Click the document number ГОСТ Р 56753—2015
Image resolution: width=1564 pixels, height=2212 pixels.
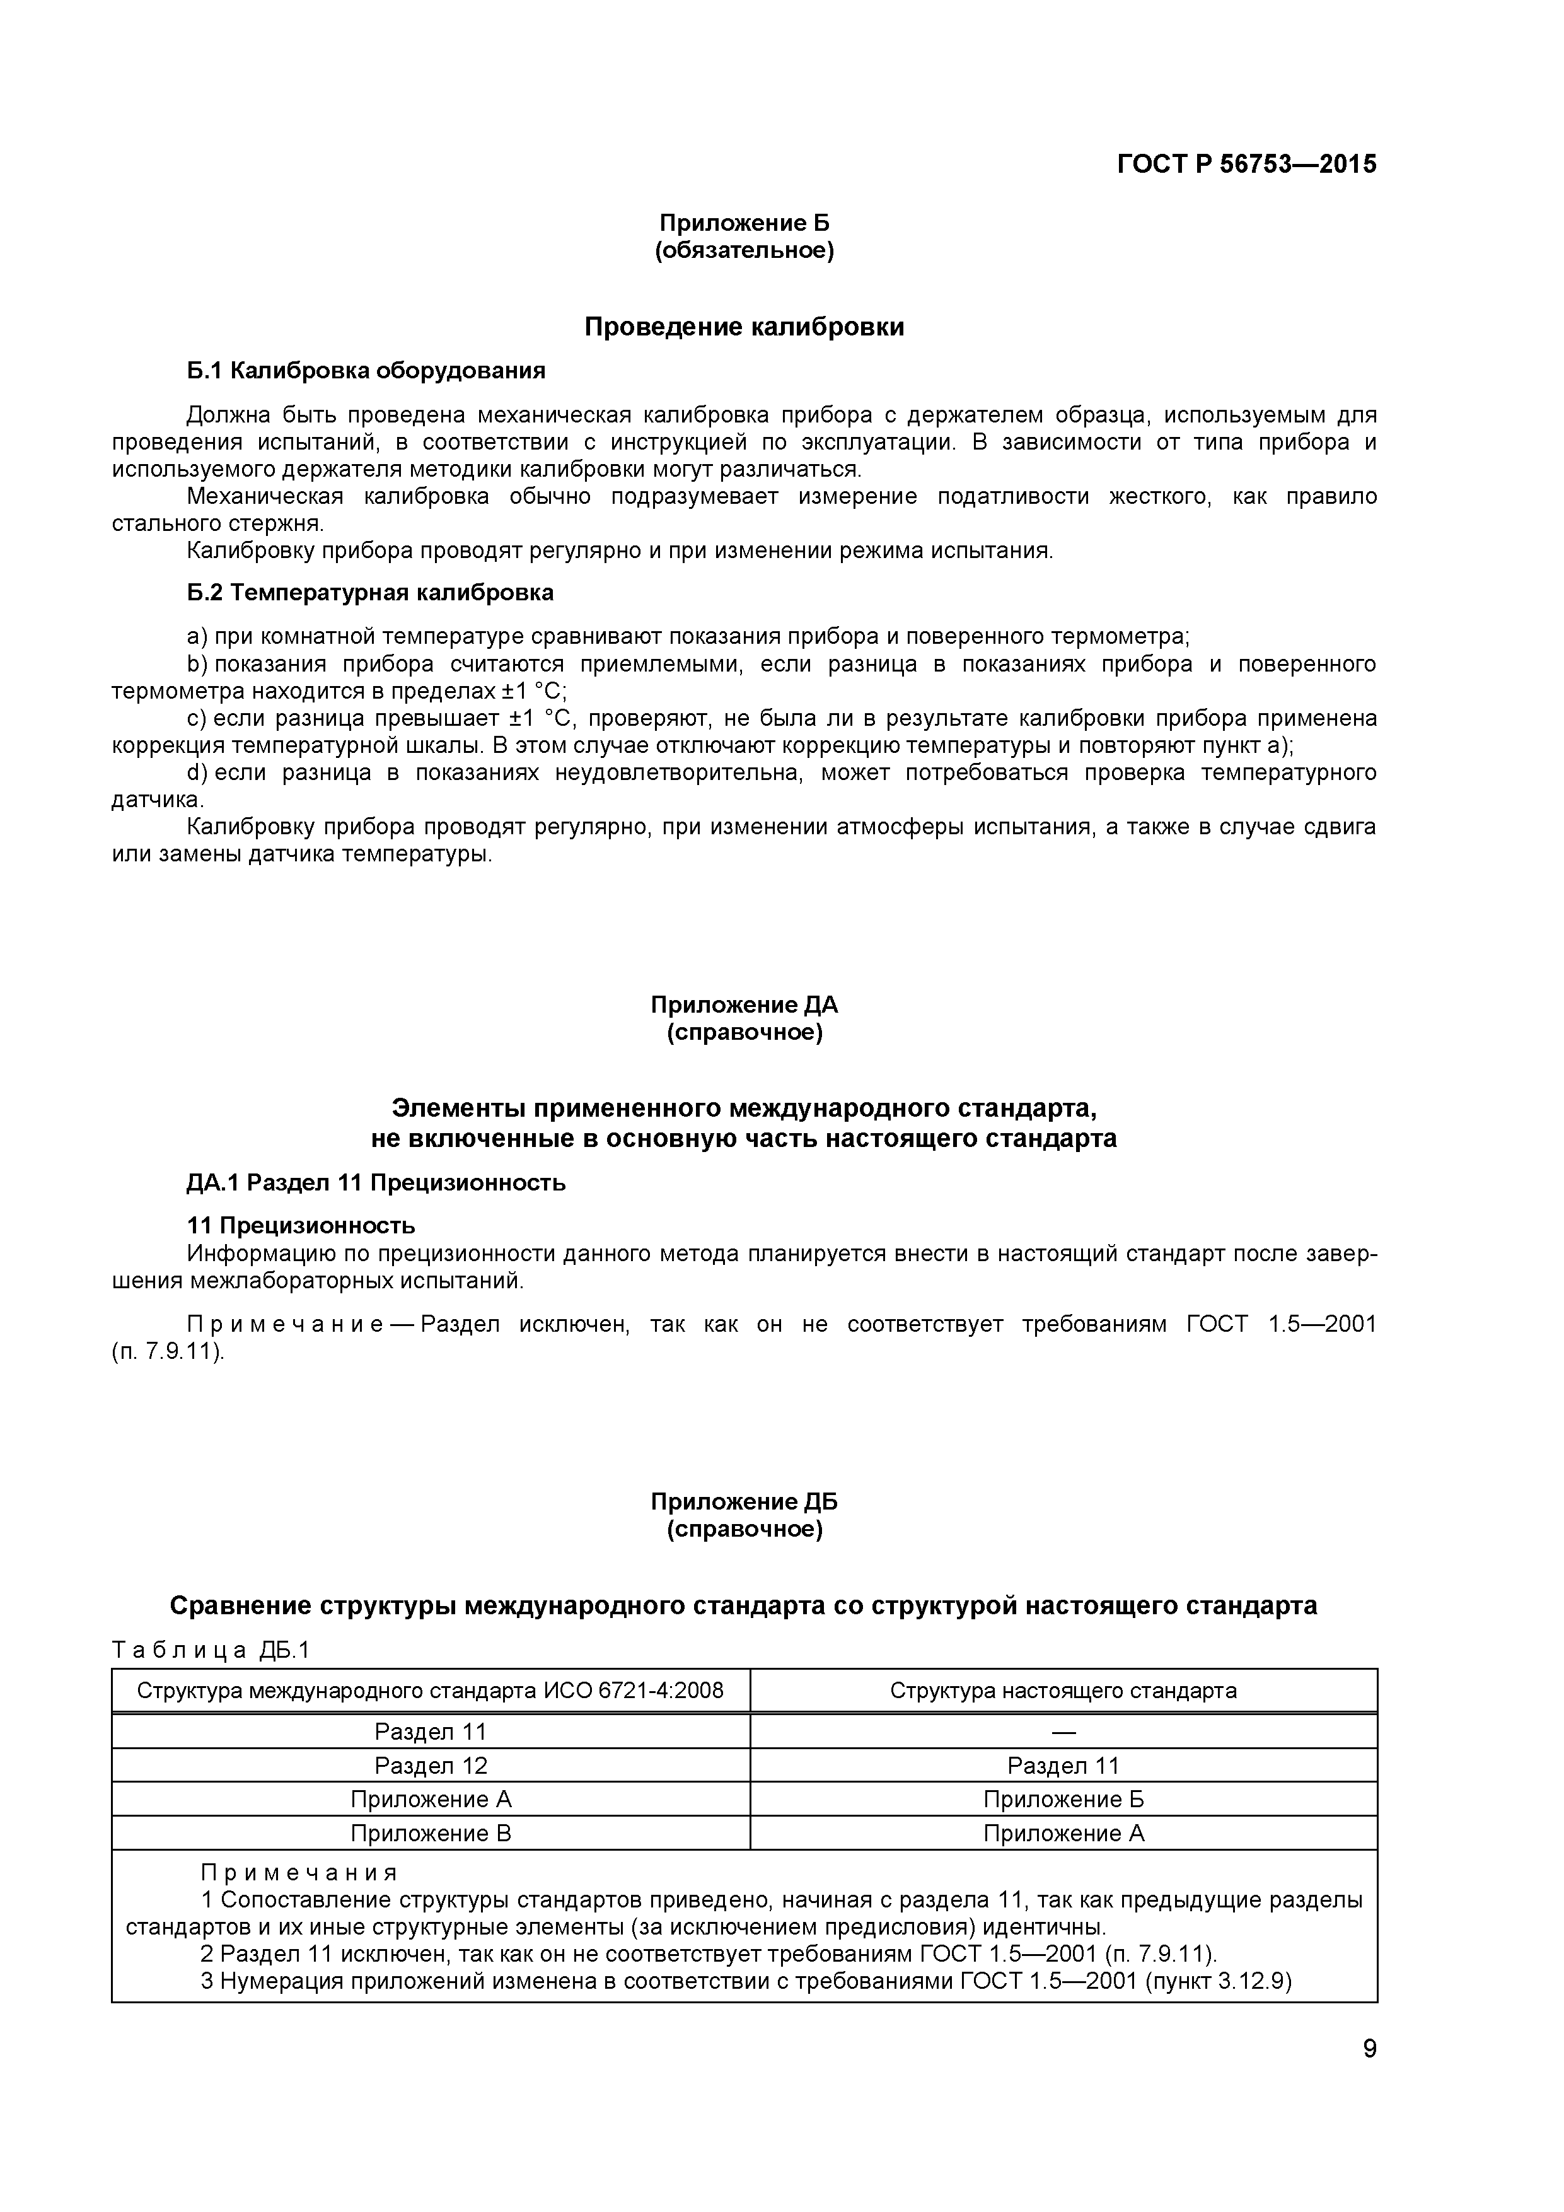(1246, 165)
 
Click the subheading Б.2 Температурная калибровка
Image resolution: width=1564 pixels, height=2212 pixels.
(370, 593)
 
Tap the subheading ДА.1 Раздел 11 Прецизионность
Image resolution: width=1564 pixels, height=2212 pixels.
(376, 1183)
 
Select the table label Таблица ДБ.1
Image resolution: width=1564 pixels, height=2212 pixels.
(211, 1650)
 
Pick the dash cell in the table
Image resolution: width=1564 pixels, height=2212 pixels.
(1063, 1732)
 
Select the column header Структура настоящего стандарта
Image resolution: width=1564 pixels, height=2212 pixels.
(1063, 1691)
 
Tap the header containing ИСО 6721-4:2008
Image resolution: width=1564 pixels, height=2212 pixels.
(431, 1691)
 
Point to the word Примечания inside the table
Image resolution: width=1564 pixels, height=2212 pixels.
(299, 1873)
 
